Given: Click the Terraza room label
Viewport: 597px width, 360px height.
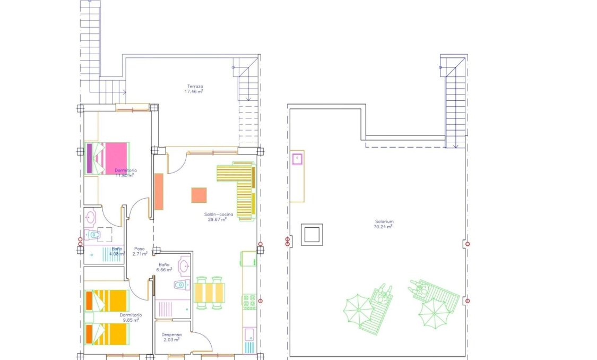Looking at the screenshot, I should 195,87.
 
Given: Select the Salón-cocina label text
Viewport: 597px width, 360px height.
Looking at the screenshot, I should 215,215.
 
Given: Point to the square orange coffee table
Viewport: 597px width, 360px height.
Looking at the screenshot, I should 199,195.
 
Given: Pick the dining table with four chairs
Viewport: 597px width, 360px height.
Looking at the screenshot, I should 209,293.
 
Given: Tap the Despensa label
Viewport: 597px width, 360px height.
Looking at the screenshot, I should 172,335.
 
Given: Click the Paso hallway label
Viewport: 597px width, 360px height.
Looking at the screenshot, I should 140,248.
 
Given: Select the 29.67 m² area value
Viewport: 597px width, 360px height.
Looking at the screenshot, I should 216,219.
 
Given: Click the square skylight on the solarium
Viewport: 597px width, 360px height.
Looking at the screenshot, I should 312,234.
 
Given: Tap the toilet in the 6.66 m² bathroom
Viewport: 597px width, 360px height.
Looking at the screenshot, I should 180,285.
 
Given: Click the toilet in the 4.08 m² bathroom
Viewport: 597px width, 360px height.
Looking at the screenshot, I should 94,234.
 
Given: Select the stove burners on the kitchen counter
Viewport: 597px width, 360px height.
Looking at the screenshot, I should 249,302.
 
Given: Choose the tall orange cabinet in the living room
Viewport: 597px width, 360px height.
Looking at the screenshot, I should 159,192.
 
